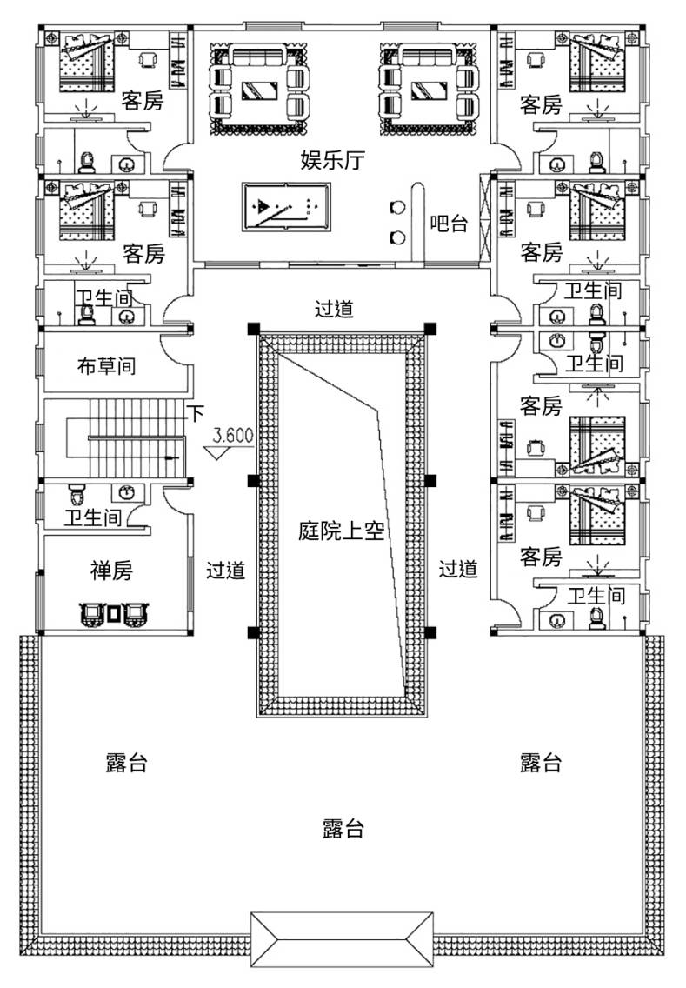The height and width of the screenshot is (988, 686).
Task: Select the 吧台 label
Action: click(x=449, y=224)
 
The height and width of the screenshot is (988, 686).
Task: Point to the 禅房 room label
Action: click(x=111, y=571)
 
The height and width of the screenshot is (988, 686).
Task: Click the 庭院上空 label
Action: click(x=341, y=531)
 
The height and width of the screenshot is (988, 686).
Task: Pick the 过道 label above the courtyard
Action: click(x=335, y=309)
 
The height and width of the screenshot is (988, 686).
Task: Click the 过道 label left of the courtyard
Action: click(x=225, y=570)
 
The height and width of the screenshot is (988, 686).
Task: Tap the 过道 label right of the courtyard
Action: click(x=457, y=570)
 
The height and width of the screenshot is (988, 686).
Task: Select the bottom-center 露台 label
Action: click(x=342, y=827)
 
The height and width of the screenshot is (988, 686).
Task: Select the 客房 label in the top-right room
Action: click(x=540, y=105)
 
